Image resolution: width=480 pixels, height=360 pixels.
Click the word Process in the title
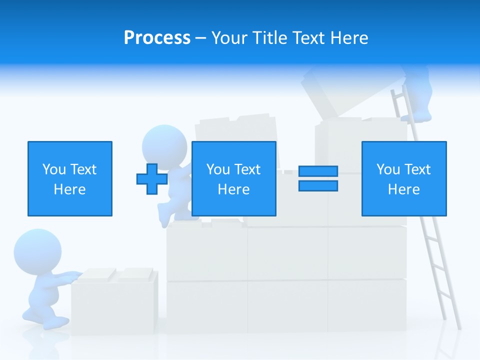pyautogui.click(x=157, y=37)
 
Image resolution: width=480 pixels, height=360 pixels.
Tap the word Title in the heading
pyautogui.click(x=269, y=37)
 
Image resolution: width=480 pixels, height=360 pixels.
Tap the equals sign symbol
pyautogui.click(x=318, y=178)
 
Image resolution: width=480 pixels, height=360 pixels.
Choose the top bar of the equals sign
pyautogui.click(x=318, y=171)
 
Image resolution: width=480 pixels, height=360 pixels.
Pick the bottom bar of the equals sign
pyautogui.click(x=318, y=185)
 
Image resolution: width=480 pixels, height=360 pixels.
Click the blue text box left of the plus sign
pyautogui.click(x=69, y=178)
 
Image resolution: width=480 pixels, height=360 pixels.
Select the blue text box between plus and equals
pyautogui.click(x=233, y=178)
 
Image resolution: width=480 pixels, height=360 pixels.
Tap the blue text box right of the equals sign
pyautogui.click(x=403, y=178)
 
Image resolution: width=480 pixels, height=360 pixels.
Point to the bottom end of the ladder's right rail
pyautogui.click(x=458, y=327)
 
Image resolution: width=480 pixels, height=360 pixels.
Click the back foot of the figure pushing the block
pyautogui.click(x=30, y=318)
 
